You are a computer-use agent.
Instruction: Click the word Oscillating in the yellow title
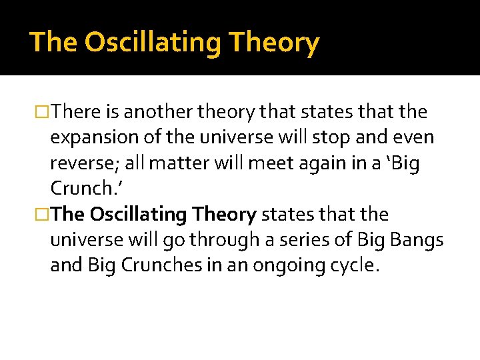point(153,43)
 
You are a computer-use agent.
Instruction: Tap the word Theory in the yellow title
point(274,43)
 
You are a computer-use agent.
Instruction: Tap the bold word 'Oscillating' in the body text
point(137,215)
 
